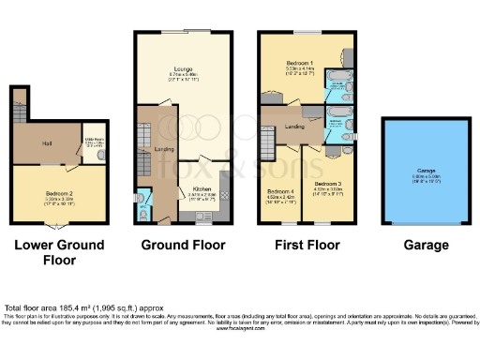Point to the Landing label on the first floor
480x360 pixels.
[292, 126]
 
